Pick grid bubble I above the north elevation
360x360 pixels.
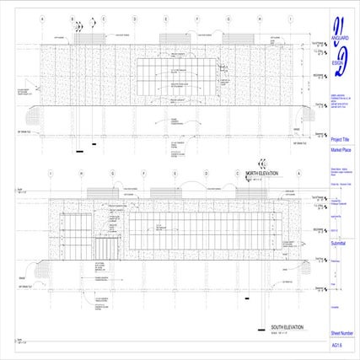[x=291, y=18]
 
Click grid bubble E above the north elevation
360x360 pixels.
[x=166, y=18]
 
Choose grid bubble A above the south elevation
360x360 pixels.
[x=298, y=174]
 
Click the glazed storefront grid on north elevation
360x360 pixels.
[x=178, y=79]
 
